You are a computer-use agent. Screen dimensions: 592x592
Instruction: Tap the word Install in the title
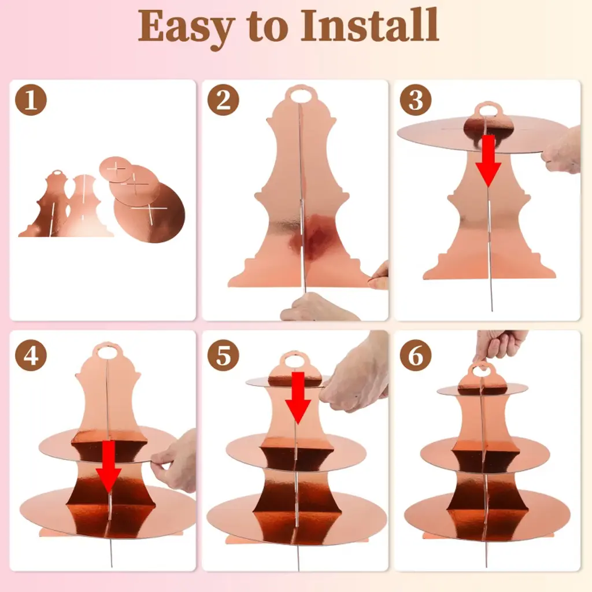click(x=369, y=25)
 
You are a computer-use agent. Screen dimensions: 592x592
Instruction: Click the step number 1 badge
click(x=31, y=100)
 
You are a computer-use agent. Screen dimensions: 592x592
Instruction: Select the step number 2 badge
click(x=223, y=100)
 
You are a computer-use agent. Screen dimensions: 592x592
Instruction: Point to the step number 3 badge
click(x=415, y=100)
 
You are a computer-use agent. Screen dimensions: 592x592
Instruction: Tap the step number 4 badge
click(x=31, y=356)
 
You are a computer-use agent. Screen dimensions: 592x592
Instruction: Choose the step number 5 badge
click(x=223, y=356)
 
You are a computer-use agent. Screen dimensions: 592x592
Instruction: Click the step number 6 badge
click(x=415, y=356)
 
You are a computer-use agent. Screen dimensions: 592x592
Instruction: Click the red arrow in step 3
click(x=488, y=161)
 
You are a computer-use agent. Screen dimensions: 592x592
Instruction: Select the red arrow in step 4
click(x=109, y=467)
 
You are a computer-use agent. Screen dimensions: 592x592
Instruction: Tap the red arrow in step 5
click(x=298, y=398)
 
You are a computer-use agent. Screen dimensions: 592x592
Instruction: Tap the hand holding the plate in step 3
click(x=561, y=151)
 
